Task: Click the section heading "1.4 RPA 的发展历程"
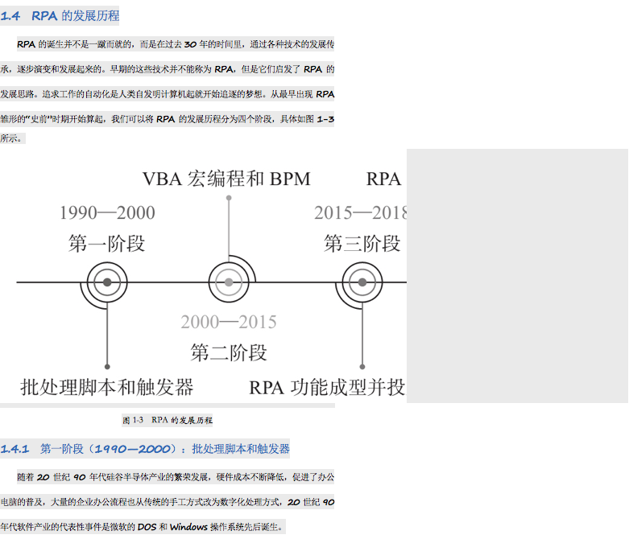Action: click(60, 16)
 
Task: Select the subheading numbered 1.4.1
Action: click(145, 449)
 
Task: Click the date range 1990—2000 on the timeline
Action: click(107, 213)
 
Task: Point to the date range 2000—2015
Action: click(228, 323)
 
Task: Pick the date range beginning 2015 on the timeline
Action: click(360, 213)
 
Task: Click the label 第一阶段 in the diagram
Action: click(107, 244)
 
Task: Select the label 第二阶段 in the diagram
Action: click(228, 352)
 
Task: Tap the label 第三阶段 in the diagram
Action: click(362, 244)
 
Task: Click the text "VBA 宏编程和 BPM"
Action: click(226, 179)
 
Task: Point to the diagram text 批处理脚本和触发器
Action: click(107, 388)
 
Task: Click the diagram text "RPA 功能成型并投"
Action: click(327, 388)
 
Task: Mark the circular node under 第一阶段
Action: click(107, 282)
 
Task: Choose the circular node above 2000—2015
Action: click(229, 282)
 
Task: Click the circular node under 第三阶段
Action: click(362, 282)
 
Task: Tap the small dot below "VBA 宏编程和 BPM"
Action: click(229, 197)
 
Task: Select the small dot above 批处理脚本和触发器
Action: click(107, 367)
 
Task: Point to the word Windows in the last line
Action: click(188, 527)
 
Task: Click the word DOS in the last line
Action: click(147, 527)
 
